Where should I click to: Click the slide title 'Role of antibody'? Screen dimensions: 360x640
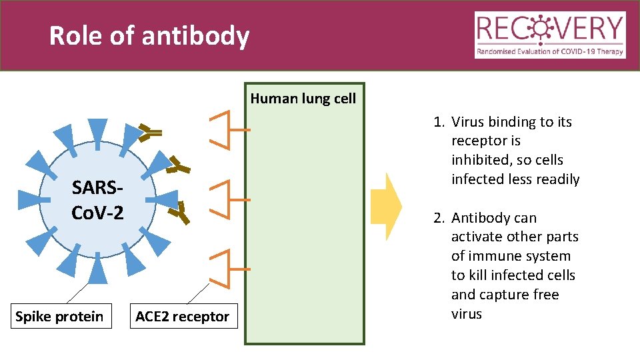[x=149, y=36]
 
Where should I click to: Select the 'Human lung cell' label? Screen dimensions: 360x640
[x=303, y=99]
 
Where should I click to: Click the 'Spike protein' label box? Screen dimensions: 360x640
[x=59, y=316]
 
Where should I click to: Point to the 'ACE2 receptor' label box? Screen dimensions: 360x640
[x=182, y=316]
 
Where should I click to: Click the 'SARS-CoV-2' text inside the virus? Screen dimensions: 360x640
[x=97, y=199]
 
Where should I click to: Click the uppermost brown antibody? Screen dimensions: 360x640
[x=151, y=133]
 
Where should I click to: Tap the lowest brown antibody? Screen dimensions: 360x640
[x=178, y=212]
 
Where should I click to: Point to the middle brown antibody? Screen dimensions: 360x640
[x=177, y=167]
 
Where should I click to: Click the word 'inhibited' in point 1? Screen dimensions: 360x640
[x=479, y=161]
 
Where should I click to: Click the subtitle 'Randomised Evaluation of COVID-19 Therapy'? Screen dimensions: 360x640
[x=550, y=51]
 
